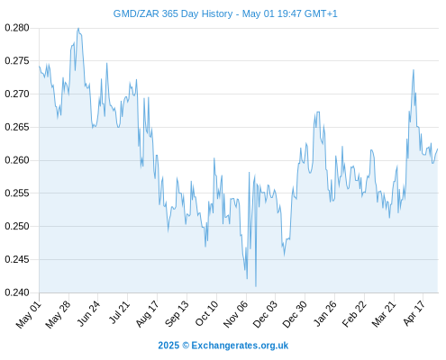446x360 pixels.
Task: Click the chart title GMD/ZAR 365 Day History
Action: tap(173, 13)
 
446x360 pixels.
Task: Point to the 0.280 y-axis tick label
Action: tap(17, 28)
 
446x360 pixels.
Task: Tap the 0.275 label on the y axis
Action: tap(17, 61)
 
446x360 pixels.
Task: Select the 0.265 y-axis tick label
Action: tap(17, 127)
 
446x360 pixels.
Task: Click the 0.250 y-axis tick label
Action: tap(17, 226)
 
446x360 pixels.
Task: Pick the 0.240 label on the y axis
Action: tap(17, 292)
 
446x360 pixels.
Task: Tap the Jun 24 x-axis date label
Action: tap(88, 313)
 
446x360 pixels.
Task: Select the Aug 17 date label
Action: tap(147, 314)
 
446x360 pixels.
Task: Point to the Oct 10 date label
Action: tap(206, 313)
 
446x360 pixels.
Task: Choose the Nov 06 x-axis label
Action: tap(236, 314)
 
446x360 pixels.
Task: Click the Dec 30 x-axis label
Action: tap(295, 314)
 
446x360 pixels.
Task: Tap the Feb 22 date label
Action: tap(354, 314)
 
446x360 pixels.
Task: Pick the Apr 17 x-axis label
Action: tap(414, 313)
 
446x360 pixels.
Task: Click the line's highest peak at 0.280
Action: tap(78, 28)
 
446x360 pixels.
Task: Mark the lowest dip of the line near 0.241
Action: tap(256, 286)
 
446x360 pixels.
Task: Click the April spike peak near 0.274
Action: tap(414, 70)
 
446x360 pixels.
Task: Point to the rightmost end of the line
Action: tap(438, 148)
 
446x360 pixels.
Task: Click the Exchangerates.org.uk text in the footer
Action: tap(240, 346)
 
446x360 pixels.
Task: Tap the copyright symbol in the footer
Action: tap(186, 346)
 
